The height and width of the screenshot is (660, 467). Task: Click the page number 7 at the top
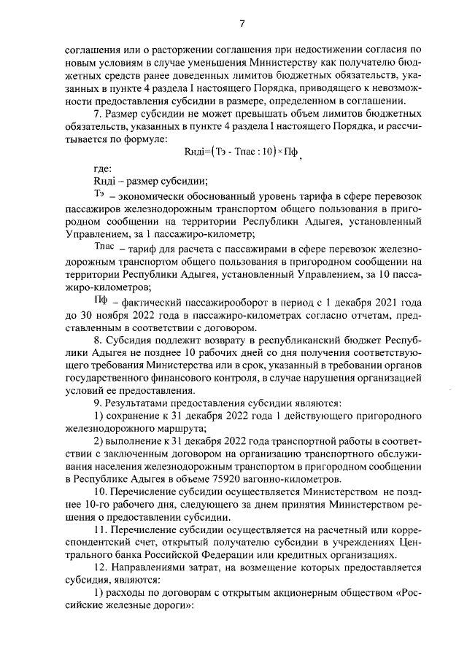tap(241, 24)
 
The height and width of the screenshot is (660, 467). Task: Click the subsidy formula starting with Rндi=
tap(241, 153)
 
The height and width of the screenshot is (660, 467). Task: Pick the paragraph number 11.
tap(101, 528)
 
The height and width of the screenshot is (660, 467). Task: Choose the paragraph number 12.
tap(101, 567)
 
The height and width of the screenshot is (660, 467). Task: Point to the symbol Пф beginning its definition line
tap(102, 300)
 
